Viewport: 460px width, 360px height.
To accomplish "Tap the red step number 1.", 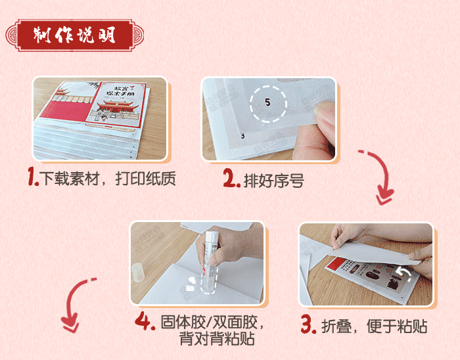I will pos(34,177).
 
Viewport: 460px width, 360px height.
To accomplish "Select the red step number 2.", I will pos(230,179).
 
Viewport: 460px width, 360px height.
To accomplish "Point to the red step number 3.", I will pos(308,325).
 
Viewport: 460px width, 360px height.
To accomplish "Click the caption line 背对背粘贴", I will pos(216,340).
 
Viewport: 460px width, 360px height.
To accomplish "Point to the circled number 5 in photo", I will pos(267,102).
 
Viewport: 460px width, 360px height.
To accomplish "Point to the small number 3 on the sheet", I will pos(242,136).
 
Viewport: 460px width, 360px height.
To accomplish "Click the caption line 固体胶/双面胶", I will pos(212,323).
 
